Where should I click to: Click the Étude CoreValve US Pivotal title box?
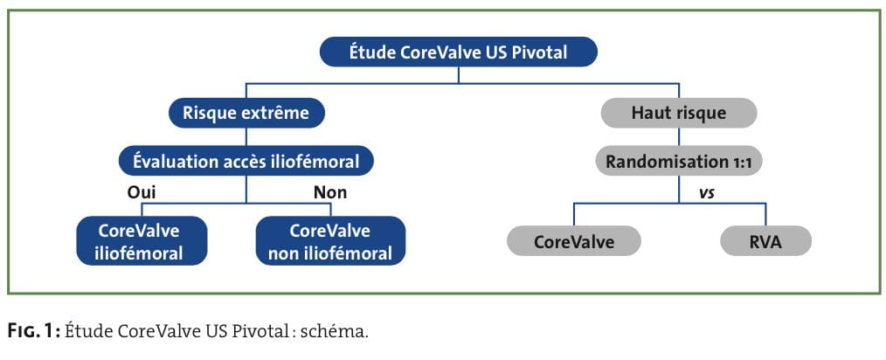(458, 52)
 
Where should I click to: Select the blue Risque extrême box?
(246, 113)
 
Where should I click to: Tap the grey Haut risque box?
(678, 113)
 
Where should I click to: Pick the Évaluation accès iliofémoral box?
(246, 162)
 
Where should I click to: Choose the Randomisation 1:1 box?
(678, 162)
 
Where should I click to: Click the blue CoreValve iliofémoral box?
(141, 241)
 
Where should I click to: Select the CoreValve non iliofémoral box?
(330, 241)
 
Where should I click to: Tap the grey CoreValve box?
(573, 242)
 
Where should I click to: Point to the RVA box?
(765, 242)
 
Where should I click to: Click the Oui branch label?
(142, 193)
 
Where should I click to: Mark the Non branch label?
(330, 193)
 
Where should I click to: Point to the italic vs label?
(706, 193)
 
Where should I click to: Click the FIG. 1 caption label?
(35, 330)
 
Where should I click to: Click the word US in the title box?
(496, 52)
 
